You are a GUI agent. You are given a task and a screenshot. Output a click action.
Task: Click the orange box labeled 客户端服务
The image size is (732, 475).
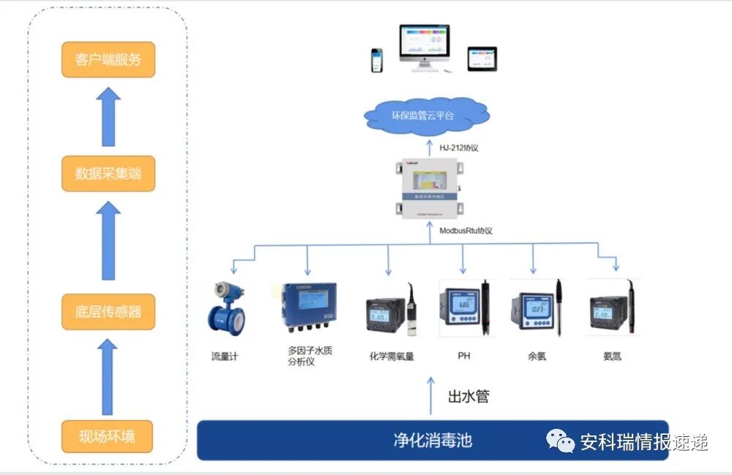click(x=108, y=59)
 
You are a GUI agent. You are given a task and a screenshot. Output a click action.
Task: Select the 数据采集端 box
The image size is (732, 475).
click(x=108, y=173)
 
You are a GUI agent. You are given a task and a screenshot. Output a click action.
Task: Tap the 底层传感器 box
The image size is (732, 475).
click(x=108, y=311)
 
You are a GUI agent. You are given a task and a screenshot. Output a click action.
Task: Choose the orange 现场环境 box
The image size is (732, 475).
click(x=108, y=437)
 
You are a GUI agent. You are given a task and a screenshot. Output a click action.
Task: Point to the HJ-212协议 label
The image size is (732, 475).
click(x=458, y=149)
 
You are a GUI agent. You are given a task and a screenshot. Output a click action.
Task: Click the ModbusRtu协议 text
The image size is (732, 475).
click(x=466, y=231)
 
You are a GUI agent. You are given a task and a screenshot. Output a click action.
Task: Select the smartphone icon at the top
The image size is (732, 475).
click(x=376, y=60)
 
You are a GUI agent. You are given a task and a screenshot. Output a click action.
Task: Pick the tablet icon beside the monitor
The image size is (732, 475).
click(x=482, y=59)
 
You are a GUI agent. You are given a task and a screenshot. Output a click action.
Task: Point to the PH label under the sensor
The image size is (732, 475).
click(x=464, y=356)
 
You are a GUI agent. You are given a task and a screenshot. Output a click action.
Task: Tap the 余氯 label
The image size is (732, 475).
click(x=537, y=356)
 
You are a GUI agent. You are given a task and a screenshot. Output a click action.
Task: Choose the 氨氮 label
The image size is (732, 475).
click(x=612, y=356)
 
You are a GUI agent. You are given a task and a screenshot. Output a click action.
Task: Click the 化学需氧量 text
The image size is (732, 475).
click(x=392, y=356)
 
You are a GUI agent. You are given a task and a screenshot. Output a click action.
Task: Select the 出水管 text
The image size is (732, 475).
click(x=468, y=397)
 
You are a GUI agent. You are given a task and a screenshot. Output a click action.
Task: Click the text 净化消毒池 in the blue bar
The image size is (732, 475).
click(x=433, y=440)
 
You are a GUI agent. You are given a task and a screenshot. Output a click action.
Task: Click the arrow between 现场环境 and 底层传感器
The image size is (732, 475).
click(x=108, y=377)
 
